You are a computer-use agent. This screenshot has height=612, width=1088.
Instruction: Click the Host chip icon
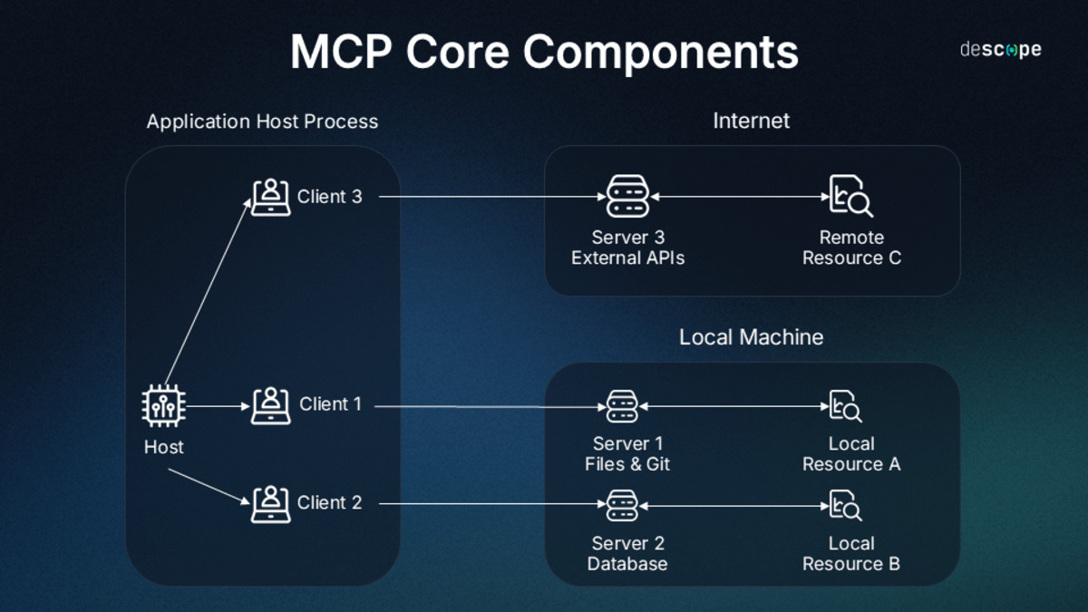(164, 406)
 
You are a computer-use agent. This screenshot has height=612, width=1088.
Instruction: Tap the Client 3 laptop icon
(270, 197)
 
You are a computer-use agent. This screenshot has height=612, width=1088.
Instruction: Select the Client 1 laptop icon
(270, 405)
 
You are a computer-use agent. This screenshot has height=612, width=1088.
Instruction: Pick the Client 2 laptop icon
(270, 503)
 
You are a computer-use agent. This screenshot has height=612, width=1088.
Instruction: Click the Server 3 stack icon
(628, 197)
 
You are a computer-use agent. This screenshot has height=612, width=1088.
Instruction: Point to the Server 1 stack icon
(623, 406)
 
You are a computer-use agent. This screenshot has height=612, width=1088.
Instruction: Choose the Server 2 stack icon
(623, 504)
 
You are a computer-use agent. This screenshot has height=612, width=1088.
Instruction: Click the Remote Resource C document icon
(850, 197)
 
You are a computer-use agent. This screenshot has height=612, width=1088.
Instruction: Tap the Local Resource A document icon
(845, 406)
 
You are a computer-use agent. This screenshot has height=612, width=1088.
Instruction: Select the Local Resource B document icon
(845, 504)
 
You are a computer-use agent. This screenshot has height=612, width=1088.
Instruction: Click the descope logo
(1000, 50)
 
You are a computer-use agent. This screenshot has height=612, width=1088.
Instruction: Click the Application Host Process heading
(262, 121)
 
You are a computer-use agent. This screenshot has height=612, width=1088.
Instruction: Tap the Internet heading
(751, 121)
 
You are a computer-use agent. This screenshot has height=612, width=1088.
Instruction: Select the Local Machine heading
(751, 337)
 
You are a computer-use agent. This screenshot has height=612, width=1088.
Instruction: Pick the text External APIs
(627, 258)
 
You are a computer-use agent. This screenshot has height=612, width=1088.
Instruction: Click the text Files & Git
(627, 464)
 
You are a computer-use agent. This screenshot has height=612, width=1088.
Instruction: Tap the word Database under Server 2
(627, 564)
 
